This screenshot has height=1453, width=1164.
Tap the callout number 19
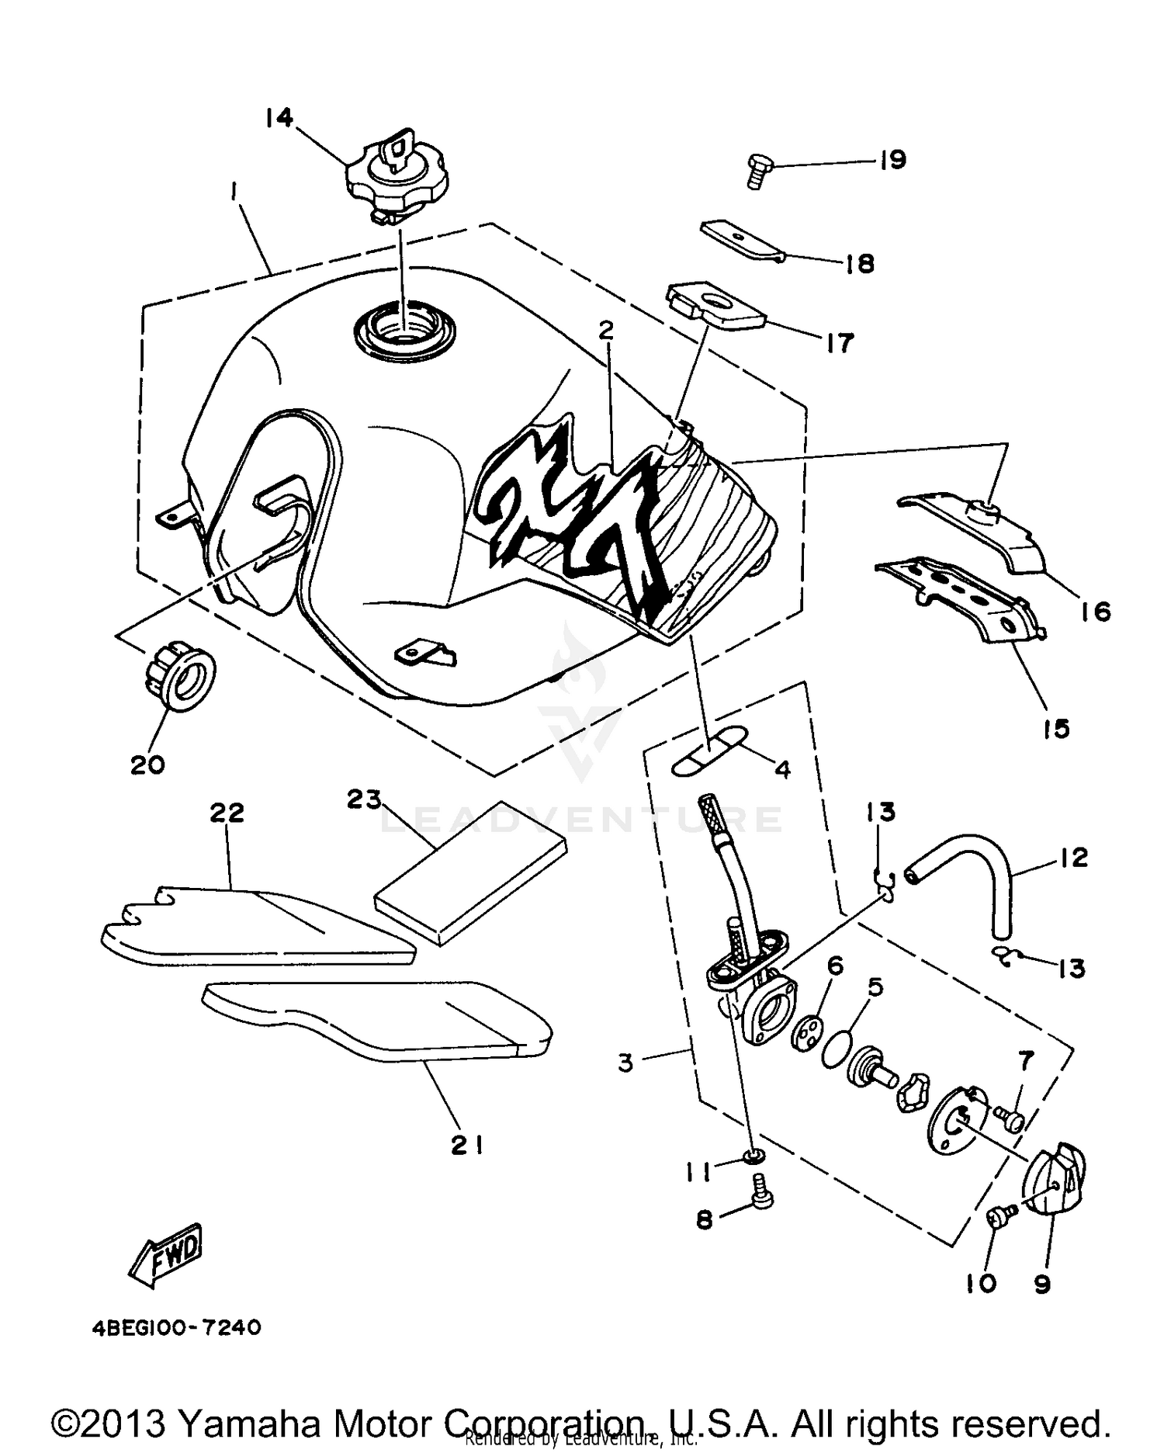tap(892, 161)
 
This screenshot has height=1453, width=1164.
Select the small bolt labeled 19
tap(757, 171)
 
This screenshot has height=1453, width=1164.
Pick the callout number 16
tap(1095, 612)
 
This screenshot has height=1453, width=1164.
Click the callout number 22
tap(227, 813)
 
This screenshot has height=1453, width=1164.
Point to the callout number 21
tap(468, 1145)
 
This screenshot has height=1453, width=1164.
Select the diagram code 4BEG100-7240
tap(177, 1328)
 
